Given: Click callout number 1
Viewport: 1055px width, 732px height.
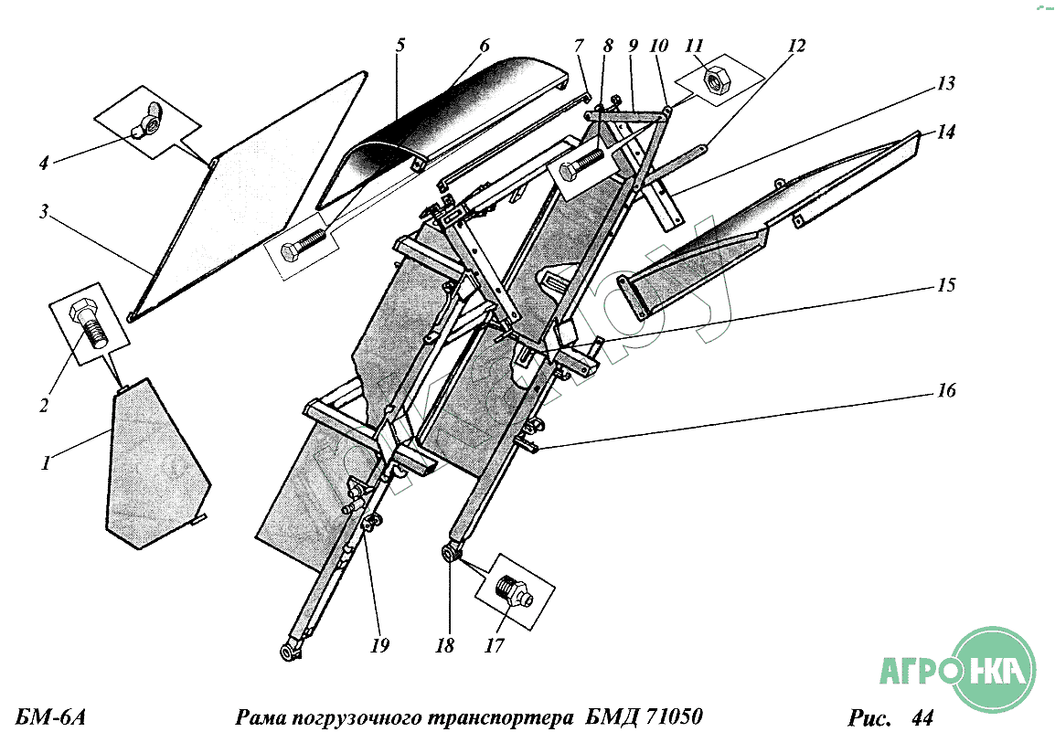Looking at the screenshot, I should (x=43, y=464).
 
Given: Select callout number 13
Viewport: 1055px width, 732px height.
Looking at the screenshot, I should (x=945, y=84).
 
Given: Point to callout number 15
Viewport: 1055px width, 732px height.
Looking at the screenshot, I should (x=945, y=285).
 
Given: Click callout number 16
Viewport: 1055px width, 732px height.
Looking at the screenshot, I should (x=945, y=391).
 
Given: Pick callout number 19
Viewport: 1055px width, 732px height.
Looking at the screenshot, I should (x=380, y=645).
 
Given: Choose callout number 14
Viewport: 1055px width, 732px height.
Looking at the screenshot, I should (x=945, y=132).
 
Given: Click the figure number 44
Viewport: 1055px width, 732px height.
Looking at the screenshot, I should (x=922, y=716).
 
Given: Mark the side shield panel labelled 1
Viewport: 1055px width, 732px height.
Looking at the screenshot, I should (x=151, y=466).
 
